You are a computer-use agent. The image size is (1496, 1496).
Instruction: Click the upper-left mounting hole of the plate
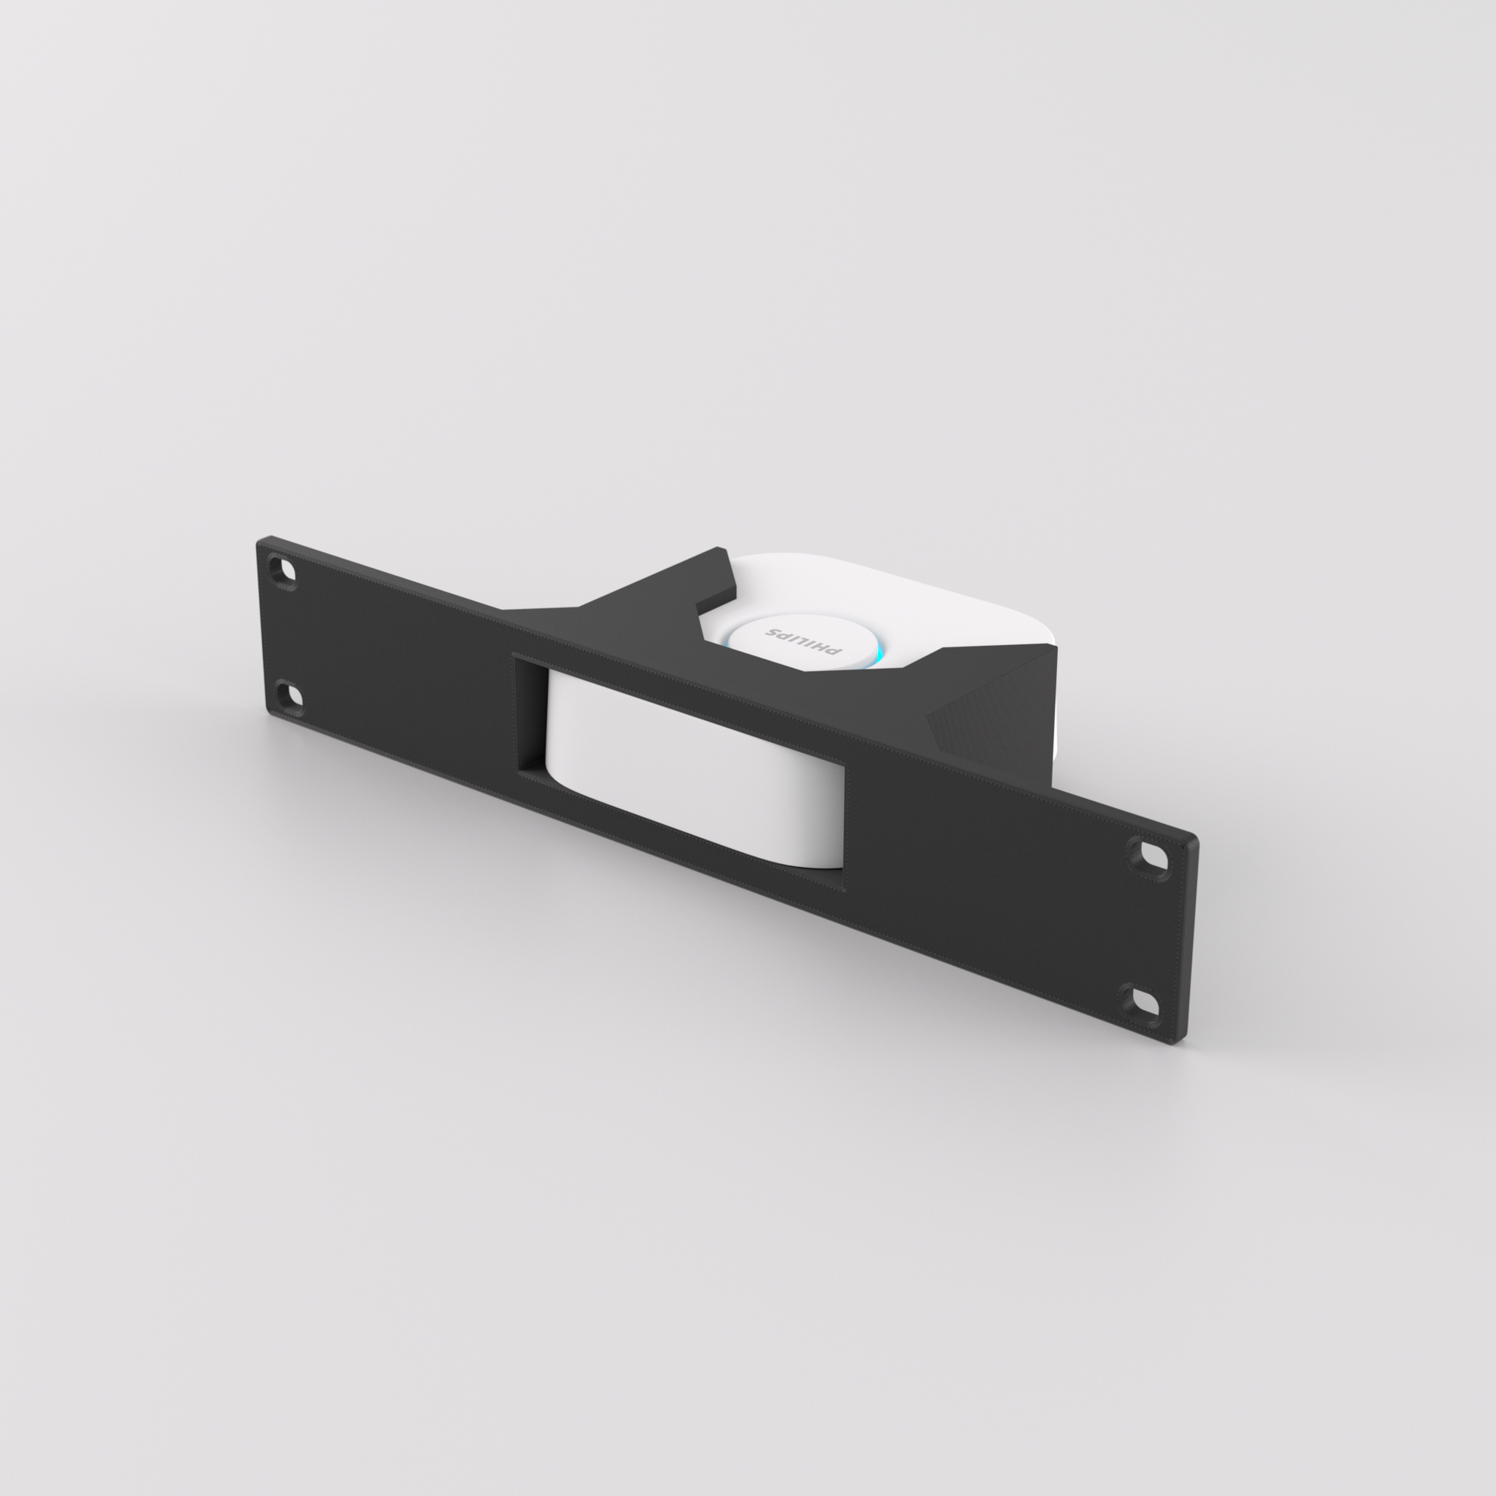click(x=284, y=571)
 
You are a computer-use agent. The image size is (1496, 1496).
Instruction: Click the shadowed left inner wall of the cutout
click(x=530, y=716)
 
